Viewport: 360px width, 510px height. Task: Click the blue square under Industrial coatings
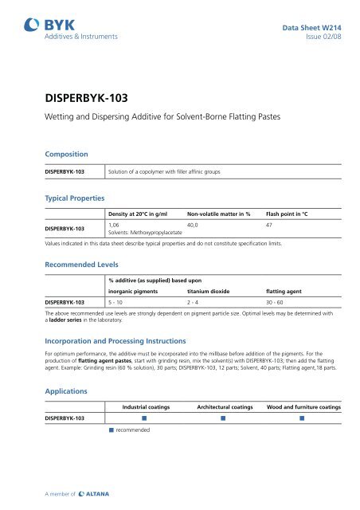pyautogui.click(x=145, y=418)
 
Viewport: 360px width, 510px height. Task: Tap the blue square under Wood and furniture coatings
pyautogui.click(x=303, y=418)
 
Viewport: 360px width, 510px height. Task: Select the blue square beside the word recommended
pyautogui.click(x=112, y=431)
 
